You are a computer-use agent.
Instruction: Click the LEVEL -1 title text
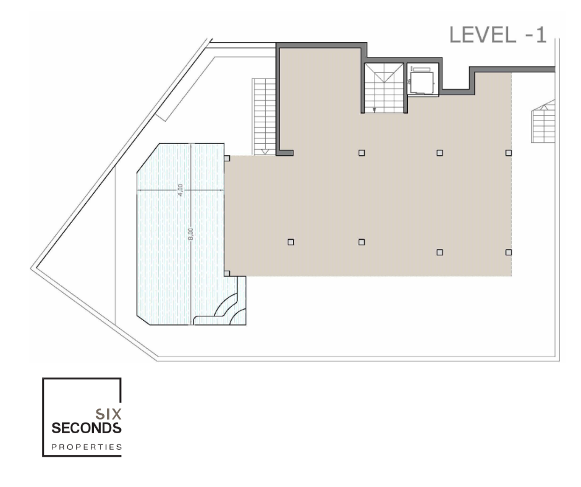(498, 35)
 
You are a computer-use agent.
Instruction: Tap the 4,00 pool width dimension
(180, 190)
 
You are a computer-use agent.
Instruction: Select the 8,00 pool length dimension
(191, 234)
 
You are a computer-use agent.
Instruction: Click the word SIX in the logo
(108, 413)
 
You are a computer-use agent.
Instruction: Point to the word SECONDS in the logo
(87, 428)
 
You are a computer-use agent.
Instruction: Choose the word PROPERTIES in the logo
(87, 447)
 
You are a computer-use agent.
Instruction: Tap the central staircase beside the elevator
(384, 88)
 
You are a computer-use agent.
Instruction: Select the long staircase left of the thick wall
(264, 117)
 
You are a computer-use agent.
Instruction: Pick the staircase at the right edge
(543, 121)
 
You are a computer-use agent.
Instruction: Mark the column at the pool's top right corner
(227, 158)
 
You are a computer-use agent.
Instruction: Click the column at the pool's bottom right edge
(227, 274)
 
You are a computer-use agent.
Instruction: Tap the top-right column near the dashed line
(508, 153)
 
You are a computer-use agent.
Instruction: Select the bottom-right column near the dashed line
(508, 252)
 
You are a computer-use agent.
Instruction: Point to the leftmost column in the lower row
(291, 242)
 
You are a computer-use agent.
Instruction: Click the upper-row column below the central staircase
(362, 153)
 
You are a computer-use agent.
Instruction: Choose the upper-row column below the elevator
(440, 153)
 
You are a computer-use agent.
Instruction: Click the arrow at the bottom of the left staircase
(265, 151)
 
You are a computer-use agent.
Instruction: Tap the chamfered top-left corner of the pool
(148, 158)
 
